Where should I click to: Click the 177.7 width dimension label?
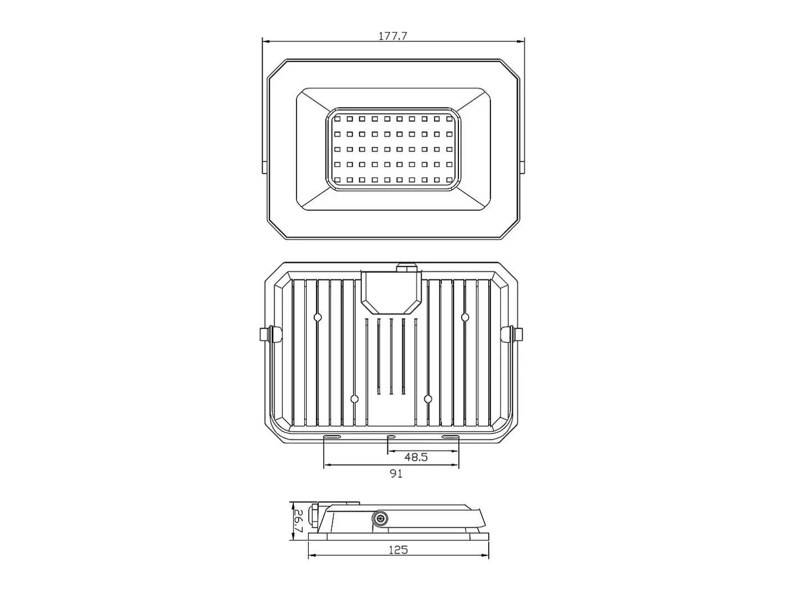point(392,36)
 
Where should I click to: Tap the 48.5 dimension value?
point(416,457)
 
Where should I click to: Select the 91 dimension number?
point(396,473)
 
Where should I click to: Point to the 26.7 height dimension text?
point(298,521)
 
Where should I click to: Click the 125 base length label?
point(398,550)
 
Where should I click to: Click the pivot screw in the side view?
point(380,518)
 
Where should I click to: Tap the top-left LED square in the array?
point(338,119)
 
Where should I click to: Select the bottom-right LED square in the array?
point(449,180)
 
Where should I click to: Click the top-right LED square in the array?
point(449,119)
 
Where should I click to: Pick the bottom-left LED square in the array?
point(338,180)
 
